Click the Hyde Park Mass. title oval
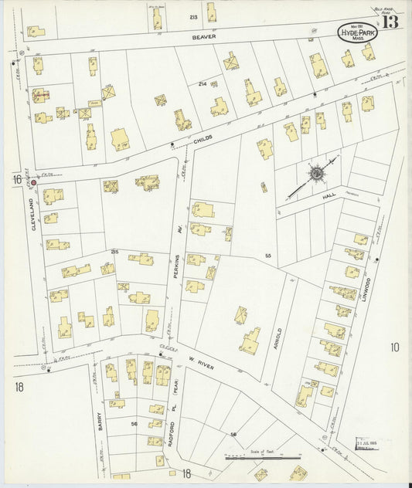click(x=357, y=33)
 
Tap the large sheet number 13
click(x=390, y=22)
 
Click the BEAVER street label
click(x=205, y=36)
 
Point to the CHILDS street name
click(x=203, y=137)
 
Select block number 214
click(x=203, y=83)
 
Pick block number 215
click(x=114, y=252)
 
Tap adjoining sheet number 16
click(x=15, y=179)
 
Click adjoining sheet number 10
click(x=394, y=347)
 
